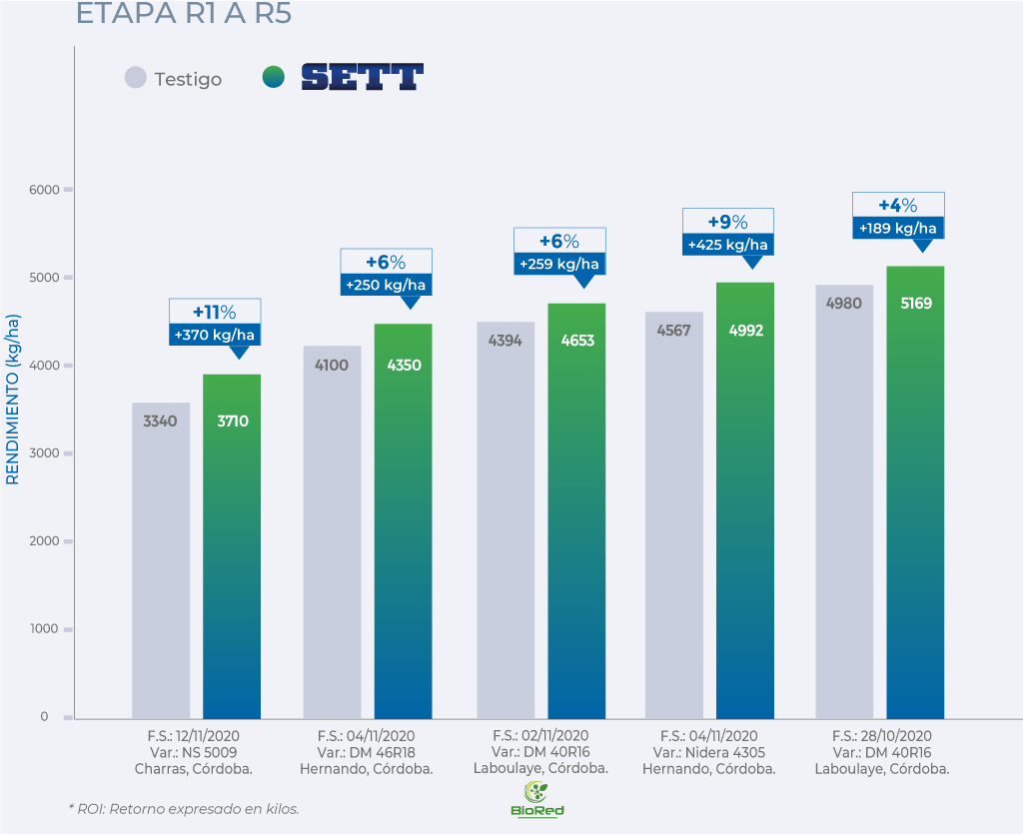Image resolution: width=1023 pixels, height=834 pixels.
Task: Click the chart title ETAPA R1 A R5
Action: click(184, 15)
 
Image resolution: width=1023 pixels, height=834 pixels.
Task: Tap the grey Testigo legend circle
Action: click(136, 78)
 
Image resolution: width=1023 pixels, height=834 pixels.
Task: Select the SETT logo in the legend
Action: click(362, 77)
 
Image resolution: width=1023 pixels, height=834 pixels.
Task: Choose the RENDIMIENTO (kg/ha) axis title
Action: click(13, 400)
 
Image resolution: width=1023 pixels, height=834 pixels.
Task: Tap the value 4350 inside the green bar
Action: click(404, 366)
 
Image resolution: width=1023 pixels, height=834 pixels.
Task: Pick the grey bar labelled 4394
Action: click(506, 519)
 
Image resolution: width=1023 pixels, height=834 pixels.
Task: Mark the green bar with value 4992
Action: click(746, 499)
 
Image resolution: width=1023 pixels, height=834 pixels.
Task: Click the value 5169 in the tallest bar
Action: click(915, 303)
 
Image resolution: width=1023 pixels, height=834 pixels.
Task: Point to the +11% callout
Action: click(215, 312)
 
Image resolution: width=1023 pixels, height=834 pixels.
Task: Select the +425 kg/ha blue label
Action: click(727, 245)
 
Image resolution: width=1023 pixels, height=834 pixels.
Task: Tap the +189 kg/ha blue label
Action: click(898, 229)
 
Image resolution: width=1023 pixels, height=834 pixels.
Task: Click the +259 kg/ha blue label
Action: click(558, 265)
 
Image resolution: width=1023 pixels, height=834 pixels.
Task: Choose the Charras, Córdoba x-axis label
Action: click(193, 769)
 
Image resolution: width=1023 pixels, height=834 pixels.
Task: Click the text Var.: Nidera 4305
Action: click(708, 752)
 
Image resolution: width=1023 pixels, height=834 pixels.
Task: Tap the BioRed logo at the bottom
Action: click(536, 798)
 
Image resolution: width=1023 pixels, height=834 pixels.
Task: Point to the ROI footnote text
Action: click(184, 808)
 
